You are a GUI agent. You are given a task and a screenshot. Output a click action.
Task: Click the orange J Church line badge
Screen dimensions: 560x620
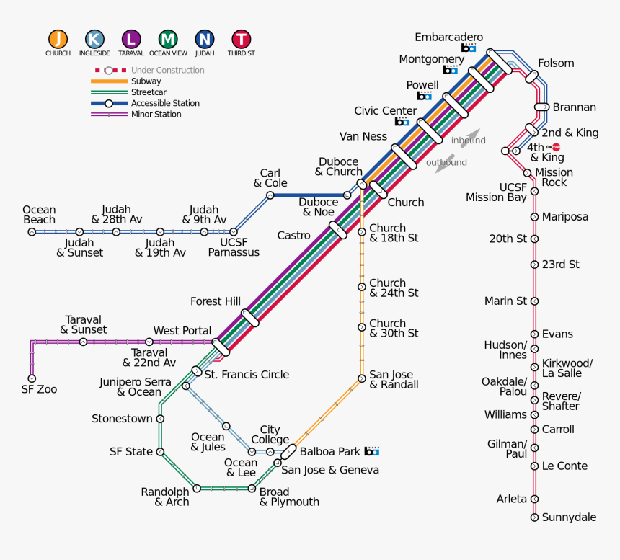coord(58,40)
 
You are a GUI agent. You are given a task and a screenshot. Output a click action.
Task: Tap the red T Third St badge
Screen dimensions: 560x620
coord(242,40)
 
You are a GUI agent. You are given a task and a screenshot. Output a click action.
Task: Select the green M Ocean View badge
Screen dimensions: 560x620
coord(168,40)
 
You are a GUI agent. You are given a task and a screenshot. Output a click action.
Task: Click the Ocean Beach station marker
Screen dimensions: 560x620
coord(32,232)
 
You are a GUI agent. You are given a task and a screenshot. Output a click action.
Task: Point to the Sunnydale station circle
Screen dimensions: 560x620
coord(534,517)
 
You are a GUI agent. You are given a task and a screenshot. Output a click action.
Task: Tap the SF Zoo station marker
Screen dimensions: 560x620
coord(32,378)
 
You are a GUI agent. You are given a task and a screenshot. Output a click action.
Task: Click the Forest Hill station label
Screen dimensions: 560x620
coord(215,301)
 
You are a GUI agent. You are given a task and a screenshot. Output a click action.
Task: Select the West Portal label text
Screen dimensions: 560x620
coord(182,331)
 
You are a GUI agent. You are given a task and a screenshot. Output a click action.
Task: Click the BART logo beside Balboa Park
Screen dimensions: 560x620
coord(371,451)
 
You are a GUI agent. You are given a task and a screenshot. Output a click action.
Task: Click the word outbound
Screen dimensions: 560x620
coord(446,162)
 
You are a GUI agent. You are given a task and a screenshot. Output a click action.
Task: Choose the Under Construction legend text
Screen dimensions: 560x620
coord(167,71)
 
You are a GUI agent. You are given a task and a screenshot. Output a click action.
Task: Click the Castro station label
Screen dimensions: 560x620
coord(293,236)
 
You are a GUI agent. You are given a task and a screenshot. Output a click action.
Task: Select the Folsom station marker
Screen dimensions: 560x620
coord(532,75)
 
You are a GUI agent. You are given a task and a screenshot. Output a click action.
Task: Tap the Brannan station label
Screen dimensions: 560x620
coord(574,107)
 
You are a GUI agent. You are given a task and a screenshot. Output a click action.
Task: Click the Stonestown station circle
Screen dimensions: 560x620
coord(161,419)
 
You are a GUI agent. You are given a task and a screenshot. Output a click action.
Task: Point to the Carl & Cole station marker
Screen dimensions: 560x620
coord(270,195)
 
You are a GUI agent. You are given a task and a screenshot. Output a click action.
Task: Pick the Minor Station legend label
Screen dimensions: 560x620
coord(156,114)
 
